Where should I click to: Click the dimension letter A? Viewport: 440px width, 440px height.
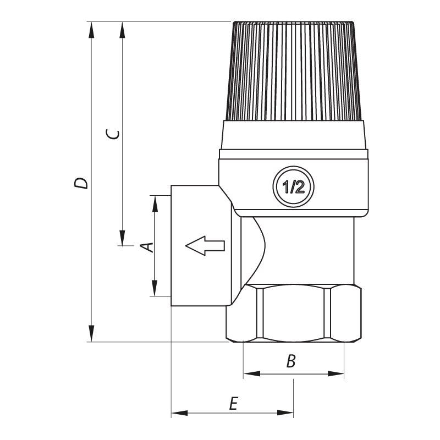tap(147, 246)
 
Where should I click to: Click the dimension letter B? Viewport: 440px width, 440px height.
tap(291, 361)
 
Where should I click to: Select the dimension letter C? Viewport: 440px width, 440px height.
tap(113, 134)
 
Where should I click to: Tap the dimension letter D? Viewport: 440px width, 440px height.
tap(81, 183)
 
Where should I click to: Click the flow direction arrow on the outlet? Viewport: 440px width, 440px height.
tap(205, 245)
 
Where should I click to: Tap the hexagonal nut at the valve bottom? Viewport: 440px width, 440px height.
tap(294, 313)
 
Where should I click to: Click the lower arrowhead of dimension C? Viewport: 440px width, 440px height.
tap(123, 237)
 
